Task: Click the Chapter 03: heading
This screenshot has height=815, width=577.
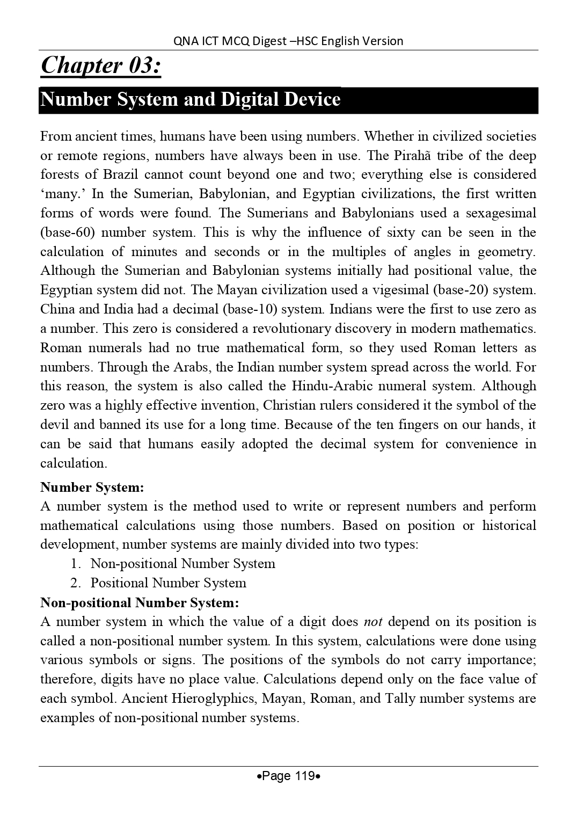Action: pos(100,66)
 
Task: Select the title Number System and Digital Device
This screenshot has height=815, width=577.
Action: pos(191,100)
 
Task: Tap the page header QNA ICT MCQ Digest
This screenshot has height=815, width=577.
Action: pos(288,41)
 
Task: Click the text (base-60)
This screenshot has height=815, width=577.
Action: pos(67,232)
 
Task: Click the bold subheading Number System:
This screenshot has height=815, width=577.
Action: pos(92,487)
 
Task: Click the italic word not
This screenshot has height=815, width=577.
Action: pos(373,622)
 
